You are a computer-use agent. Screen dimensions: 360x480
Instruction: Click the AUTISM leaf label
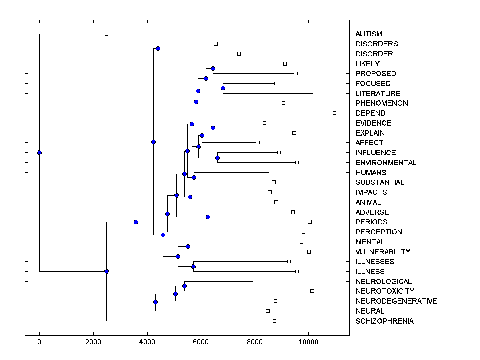click(369, 34)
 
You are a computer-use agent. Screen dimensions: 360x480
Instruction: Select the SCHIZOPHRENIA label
click(384, 321)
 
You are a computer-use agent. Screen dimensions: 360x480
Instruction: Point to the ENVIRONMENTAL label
click(386, 163)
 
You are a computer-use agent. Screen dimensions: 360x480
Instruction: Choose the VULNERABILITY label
click(383, 252)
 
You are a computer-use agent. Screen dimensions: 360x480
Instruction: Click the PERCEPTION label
click(379, 232)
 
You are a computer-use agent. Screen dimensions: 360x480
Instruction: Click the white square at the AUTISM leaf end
click(106, 34)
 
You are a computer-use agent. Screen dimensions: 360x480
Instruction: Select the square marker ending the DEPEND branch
click(335, 113)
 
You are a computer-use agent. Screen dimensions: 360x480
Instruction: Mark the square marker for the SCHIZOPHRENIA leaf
click(274, 321)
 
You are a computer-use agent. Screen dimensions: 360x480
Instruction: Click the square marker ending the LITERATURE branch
click(314, 93)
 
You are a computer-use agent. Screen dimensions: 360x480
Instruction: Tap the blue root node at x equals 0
click(39, 152)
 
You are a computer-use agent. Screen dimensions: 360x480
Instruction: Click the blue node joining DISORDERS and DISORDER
click(158, 49)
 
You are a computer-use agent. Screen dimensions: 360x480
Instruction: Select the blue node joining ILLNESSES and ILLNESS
click(193, 266)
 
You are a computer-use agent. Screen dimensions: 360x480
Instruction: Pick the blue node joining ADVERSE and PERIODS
click(208, 217)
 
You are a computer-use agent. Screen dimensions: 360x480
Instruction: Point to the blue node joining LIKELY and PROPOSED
click(213, 68)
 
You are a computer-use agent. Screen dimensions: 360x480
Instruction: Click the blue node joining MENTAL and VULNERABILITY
click(188, 246)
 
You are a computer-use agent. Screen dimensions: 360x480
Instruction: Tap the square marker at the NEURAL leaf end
click(268, 311)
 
